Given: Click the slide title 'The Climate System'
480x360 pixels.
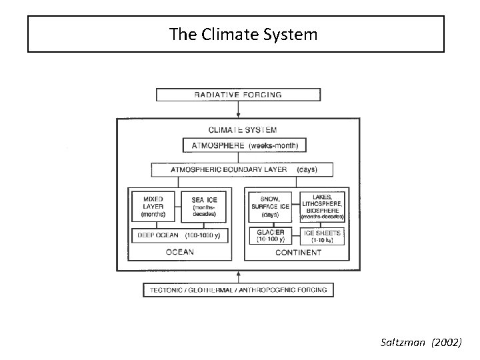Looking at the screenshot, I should [x=243, y=34].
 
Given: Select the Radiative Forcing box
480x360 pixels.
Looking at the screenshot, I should [x=238, y=95].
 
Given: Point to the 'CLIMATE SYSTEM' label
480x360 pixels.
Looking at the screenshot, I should [x=243, y=130].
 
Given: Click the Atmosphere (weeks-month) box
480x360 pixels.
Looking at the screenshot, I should [x=244, y=145].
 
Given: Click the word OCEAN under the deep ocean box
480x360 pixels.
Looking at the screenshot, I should [x=179, y=252].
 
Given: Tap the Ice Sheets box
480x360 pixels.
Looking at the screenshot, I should [x=323, y=235].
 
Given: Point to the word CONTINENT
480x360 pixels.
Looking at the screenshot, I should [x=297, y=252].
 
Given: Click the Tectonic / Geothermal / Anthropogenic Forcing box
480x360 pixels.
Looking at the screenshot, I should [x=238, y=290].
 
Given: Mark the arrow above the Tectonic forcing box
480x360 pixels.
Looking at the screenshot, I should [x=238, y=275].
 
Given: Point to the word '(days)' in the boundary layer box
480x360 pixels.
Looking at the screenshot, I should [x=307, y=169].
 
